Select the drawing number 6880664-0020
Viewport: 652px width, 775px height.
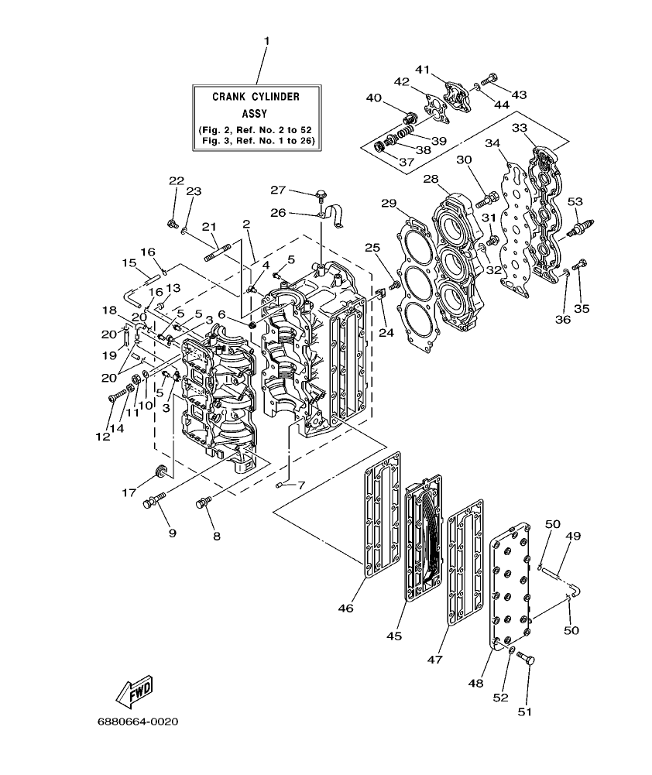point(138,722)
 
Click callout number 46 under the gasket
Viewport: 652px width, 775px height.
point(345,609)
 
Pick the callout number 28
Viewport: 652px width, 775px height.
point(431,180)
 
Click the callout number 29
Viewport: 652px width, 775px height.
point(389,204)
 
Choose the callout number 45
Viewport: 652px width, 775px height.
point(394,636)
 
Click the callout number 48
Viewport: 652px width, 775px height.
point(475,683)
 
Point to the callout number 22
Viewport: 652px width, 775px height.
point(177,180)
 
